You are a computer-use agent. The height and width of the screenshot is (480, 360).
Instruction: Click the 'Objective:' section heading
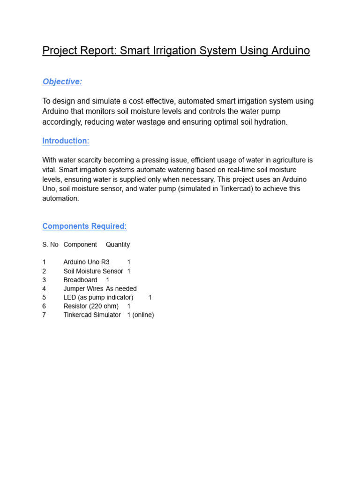pos(62,82)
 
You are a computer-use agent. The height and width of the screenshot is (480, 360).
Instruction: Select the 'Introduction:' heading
pos(66,141)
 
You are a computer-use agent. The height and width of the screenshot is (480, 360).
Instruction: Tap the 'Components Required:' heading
pos(84,226)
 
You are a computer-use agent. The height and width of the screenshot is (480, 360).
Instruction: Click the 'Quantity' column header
pos(118,244)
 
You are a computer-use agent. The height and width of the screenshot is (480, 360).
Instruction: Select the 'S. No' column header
pos(50,244)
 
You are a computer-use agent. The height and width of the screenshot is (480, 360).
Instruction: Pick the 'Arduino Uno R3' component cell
pos(86,262)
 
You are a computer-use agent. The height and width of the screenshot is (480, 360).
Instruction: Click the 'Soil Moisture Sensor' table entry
pos(93,271)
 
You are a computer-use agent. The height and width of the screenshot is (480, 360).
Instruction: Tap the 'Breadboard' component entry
pos(80,280)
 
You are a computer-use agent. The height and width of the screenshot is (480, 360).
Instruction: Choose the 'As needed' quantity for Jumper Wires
pos(121,289)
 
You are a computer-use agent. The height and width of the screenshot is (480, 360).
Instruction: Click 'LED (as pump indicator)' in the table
pos(98,297)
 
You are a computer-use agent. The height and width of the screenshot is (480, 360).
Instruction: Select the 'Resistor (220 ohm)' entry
pos(91,306)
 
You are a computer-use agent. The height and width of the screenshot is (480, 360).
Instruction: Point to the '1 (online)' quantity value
pos(141,315)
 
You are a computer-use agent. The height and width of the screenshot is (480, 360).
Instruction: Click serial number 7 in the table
pos(44,315)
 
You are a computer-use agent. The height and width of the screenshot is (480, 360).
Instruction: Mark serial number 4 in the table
pos(44,289)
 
